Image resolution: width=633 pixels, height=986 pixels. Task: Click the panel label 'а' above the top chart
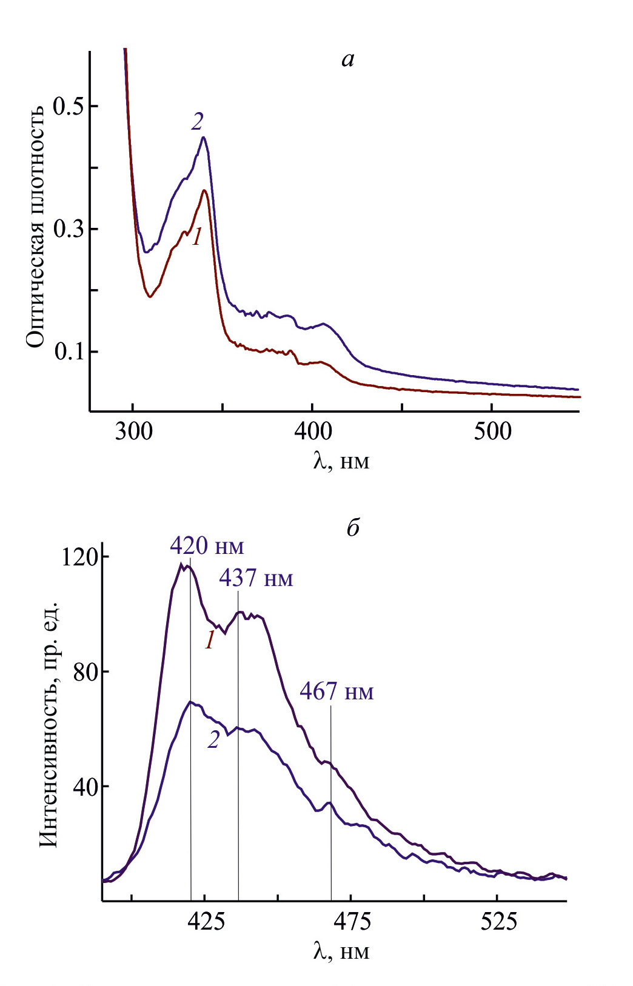tap(347, 59)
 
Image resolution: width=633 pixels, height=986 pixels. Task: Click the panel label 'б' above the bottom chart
tap(353, 528)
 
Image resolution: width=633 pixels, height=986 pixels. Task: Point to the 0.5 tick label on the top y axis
tap(67, 106)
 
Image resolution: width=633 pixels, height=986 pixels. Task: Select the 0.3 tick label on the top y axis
tap(67, 229)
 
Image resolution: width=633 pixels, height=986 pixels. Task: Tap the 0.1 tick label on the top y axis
tap(67, 351)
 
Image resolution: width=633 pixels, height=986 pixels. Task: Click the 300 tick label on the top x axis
tap(133, 431)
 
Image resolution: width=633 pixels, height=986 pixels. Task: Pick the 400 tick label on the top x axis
tap(312, 431)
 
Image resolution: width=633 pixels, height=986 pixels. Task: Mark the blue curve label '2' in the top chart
tap(197, 122)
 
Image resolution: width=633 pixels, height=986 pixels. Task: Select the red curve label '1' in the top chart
tap(196, 237)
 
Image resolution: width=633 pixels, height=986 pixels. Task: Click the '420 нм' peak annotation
tap(207, 546)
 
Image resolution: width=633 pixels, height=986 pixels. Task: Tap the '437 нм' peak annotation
tap(256, 578)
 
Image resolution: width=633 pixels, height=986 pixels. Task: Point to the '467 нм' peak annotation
tap(337, 691)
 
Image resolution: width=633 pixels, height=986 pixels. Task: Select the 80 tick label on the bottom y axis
tap(85, 671)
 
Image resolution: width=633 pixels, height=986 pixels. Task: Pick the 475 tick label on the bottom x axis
tap(352, 921)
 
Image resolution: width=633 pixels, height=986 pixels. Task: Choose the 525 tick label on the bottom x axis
tap(498, 921)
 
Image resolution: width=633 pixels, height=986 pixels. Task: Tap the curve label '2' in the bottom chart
tap(213, 739)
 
